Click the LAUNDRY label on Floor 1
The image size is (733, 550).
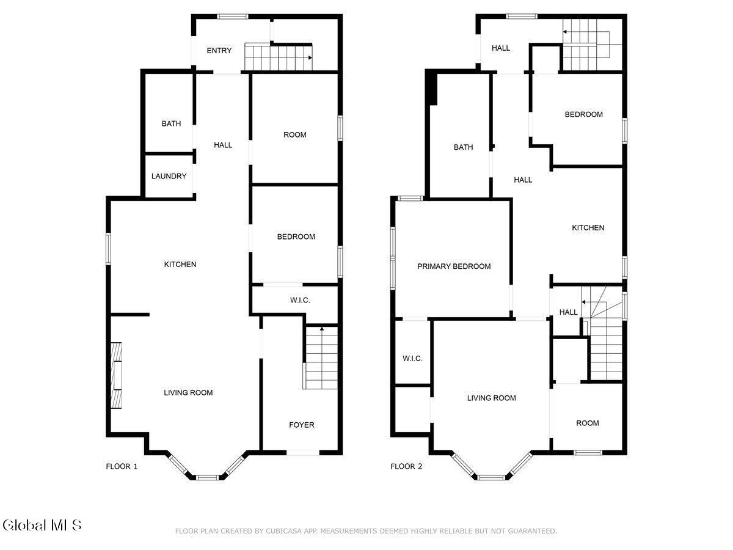click(169, 176)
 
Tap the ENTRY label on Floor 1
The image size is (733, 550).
click(219, 51)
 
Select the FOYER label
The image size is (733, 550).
click(302, 425)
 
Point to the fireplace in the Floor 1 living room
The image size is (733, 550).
click(116, 375)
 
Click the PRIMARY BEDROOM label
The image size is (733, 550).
click(454, 266)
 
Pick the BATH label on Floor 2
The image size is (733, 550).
click(463, 147)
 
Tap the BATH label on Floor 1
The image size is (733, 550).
click(171, 123)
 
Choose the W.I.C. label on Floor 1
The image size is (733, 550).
click(300, 300)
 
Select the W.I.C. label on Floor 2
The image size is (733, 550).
click(412, 358)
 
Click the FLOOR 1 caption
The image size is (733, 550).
click(122, 466)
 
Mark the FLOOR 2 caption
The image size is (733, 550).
click(406, 466)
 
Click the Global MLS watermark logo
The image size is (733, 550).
click(42, 526)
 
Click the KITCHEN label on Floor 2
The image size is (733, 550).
click(588, 228)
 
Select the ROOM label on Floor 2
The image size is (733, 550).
click(588, 423)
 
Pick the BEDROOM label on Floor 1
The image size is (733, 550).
click(296, 237)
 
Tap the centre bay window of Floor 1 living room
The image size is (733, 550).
click(207, 477)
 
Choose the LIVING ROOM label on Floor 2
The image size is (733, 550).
click(491, 398)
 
